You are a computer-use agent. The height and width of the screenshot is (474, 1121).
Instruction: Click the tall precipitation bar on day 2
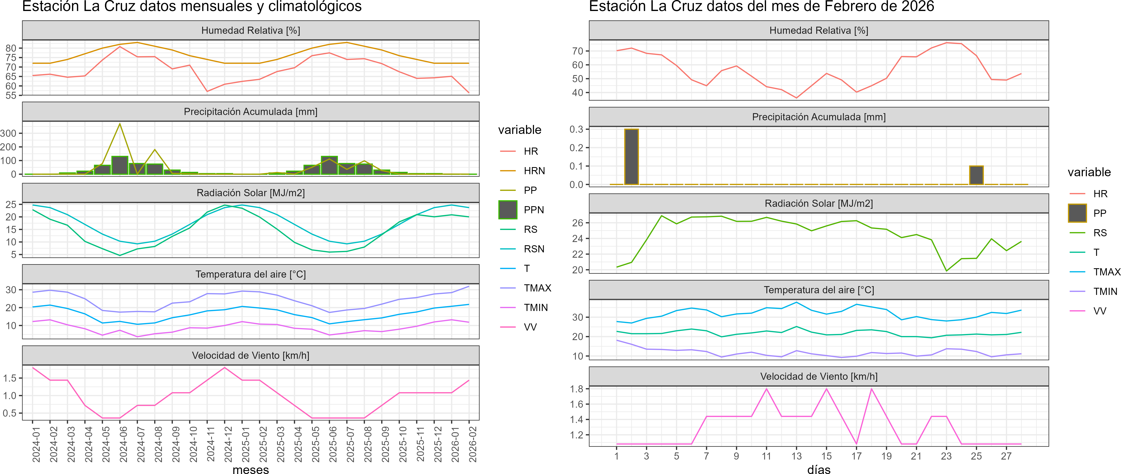pyautogui.click(x=631, y=157)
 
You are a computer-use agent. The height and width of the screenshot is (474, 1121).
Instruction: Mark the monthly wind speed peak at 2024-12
pyautogui.click(x=225, y=368)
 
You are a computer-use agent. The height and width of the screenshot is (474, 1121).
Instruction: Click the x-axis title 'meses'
pyautogui.click(x=251, y=469)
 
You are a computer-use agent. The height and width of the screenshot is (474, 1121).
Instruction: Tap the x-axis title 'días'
pyautogui.click(x=819, y=469)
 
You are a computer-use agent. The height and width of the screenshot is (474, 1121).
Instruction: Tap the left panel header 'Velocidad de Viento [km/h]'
pyautogui.click(x=251, y=356)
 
